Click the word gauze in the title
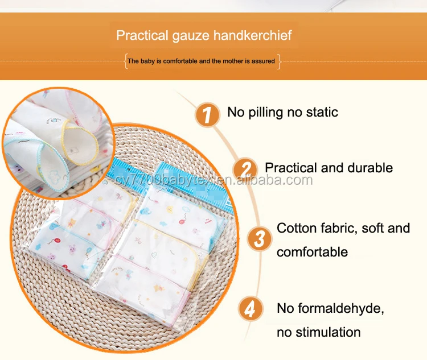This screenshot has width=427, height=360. pyautogui.click(x=191, y=36)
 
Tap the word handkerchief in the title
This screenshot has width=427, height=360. pyautogui.click(x=252, y=35)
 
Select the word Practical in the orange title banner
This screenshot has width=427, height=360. pyautogui.click(x=142, y=35)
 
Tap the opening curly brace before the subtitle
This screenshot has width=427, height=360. pyautogui.click(x=126, y=61)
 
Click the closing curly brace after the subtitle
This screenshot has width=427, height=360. pyautogui.click(x=278, y=61)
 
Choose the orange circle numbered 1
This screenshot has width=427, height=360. pyautogui.click(x=207, y=114)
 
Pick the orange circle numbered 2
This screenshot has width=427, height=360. pyautogui.click(x=245, y=169)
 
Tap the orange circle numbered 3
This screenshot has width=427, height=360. pyautogui.click(x=260, y=239)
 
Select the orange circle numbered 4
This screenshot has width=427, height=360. pyautogui.click(x=251, y=309)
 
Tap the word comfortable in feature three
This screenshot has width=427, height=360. pyautogui.click(x=313, y=252)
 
